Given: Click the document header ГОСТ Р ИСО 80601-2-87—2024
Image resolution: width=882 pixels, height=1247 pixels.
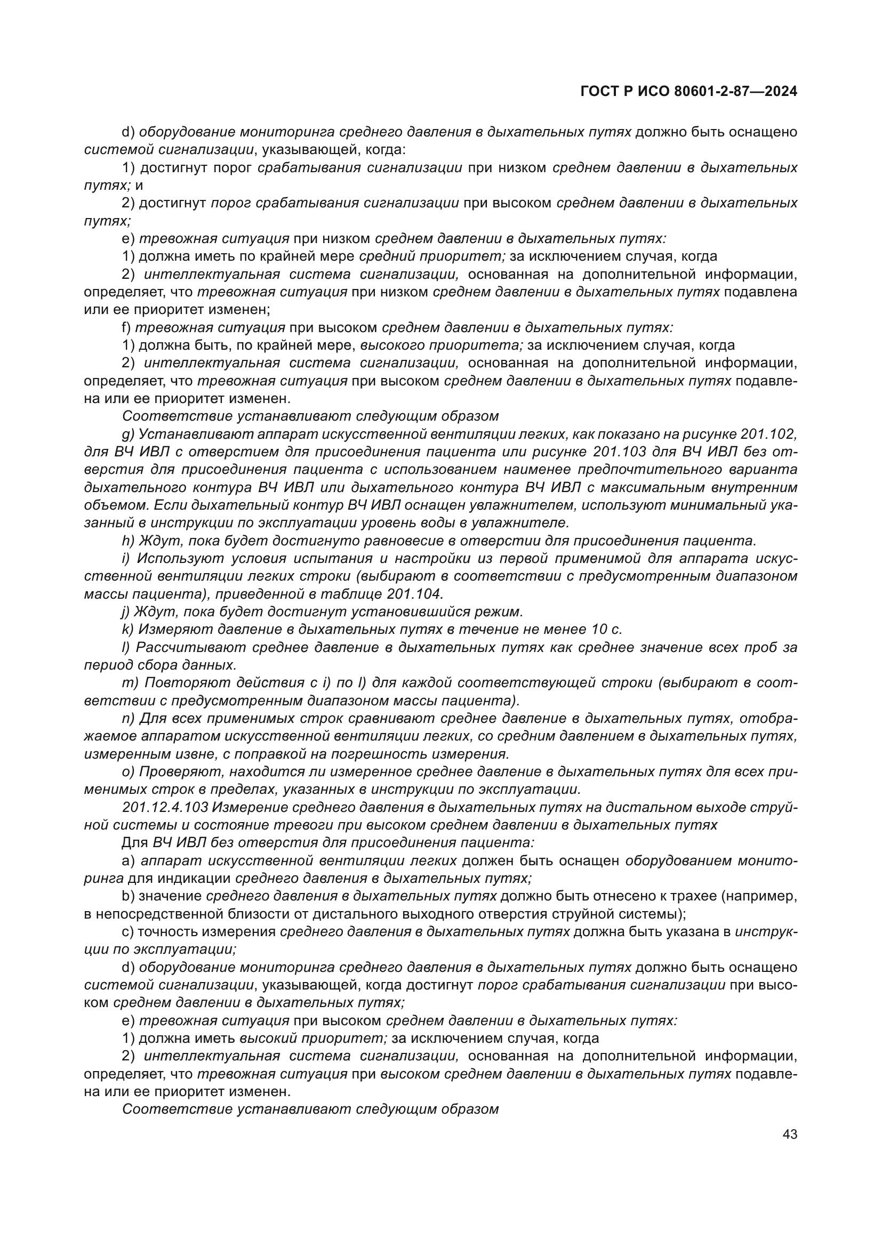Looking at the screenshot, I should [x=688, y=92].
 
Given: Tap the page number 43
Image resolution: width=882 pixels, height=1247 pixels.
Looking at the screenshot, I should [x=790, y=1134].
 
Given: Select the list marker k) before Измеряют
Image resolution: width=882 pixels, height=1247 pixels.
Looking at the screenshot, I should [x=128, y=630].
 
